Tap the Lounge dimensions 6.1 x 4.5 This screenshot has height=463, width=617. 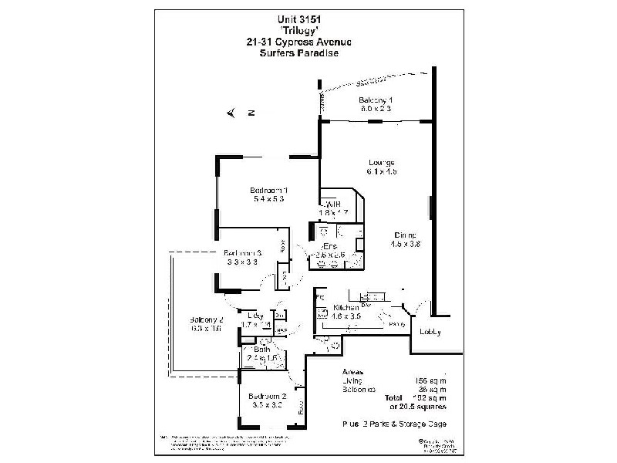(382, 172)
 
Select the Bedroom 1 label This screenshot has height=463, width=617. (268, 190)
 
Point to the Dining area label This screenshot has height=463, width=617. (405, 235)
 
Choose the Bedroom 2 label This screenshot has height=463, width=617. (268, 397)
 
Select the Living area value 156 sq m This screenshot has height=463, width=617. (430, 380)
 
